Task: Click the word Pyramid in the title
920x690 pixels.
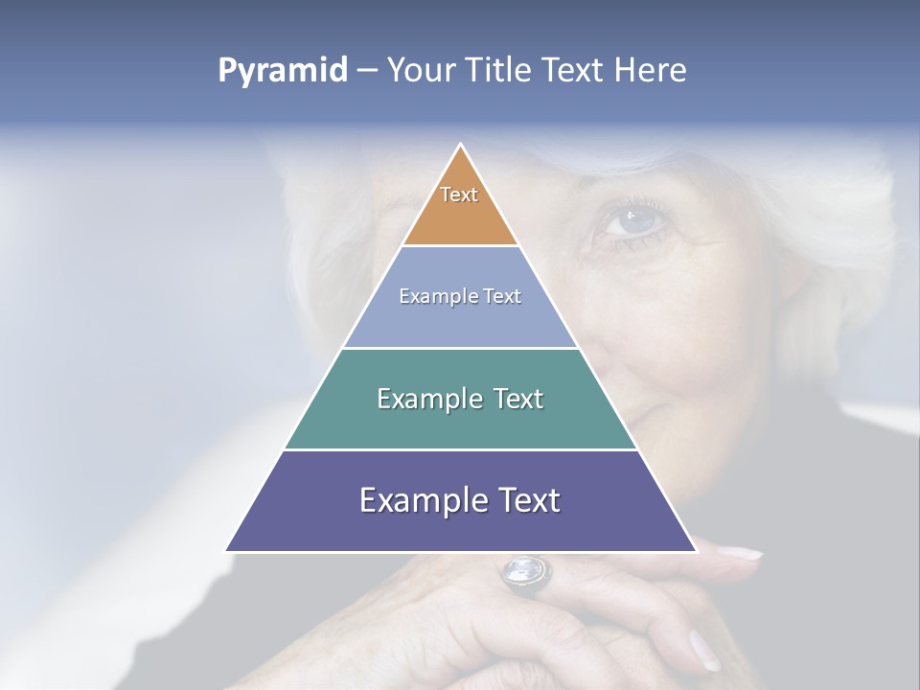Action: [283, 71]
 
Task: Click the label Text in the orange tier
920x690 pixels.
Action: [459, 195]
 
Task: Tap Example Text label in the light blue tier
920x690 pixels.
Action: [460, 296]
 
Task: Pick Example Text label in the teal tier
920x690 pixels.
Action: [460, 399]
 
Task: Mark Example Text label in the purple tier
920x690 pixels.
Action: [460, 500]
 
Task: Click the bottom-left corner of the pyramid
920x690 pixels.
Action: [227, 550]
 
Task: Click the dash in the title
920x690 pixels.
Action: [367, 71]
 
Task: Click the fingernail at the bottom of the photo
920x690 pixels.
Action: [703, 651]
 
